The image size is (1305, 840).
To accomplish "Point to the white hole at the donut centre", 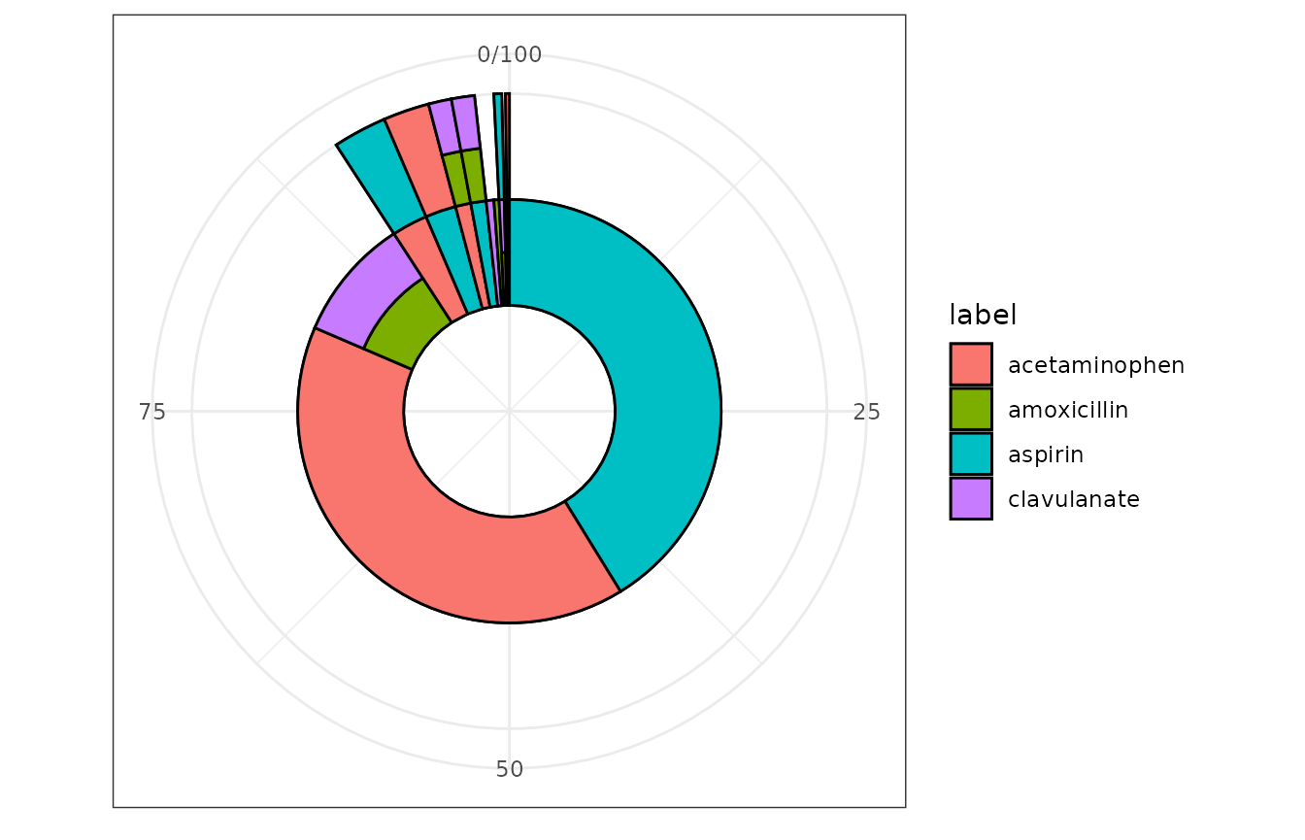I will [x=509, y=411].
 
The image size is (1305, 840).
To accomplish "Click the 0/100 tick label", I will [x=509, y=55].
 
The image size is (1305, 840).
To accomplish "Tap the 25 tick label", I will [x=866, y=412].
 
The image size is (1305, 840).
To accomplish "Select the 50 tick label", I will [x=509, y=770].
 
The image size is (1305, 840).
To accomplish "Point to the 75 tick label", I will [x=152, y=412].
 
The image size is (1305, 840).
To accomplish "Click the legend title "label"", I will [x=983, y=315].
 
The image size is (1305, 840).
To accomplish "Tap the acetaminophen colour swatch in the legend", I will [x=971, y=364].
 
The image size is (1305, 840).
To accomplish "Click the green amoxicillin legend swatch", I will [x=971, y=409].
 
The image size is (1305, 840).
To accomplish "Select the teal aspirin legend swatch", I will [x=971, y=454].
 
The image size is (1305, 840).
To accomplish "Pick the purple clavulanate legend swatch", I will [x=971, y=498].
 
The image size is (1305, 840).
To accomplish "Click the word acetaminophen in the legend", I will [x=1096, y=365].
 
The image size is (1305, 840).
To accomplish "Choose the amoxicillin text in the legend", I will [x=1068, y=410].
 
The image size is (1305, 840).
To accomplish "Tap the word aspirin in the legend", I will [x=1046, y=454].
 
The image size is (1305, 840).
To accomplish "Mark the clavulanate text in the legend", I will [x=1073, y=499].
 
